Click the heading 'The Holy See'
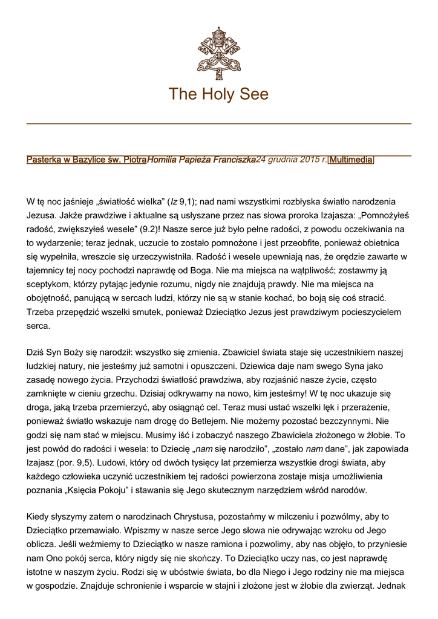tap(218, 94)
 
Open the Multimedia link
tap(351, 160)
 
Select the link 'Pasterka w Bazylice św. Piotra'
tap(87, 160)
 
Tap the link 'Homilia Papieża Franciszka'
tap(201, 160)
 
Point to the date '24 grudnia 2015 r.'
tap(291, 160)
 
